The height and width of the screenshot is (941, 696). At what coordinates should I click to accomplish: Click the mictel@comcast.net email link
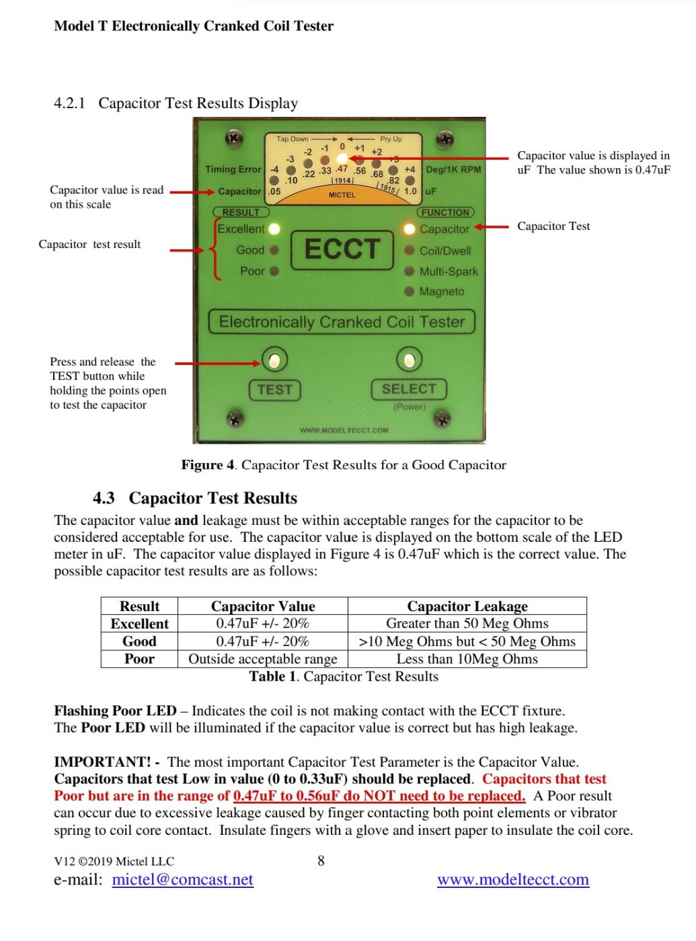tap(182, 880)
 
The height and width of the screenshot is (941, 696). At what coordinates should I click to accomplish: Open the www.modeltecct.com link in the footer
tap(512, 880)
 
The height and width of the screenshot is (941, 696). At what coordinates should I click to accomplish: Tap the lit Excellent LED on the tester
tap(274, 229)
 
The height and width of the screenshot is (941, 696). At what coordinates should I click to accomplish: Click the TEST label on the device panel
tap(274, 390)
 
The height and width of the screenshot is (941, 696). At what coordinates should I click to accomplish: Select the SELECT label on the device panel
tap(409, 389)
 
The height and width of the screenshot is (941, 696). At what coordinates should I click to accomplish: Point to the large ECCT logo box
tap(342, 249)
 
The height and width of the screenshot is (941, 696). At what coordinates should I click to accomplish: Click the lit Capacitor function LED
tap(409, 229)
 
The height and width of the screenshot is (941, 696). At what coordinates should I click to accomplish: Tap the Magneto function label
tap(442, 292)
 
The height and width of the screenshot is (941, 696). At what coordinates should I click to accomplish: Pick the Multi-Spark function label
tap(449, 272)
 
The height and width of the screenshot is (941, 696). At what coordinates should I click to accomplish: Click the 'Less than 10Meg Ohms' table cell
tap(467, 659)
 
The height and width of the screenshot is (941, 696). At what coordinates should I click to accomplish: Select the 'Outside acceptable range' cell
tap(262, 659)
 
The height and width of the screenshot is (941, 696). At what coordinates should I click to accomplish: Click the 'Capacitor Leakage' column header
tap(467, 606)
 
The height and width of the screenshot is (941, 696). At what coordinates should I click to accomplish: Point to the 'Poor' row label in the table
tap(139, 659)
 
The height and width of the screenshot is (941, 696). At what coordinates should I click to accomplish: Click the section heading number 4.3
tap(104, 498)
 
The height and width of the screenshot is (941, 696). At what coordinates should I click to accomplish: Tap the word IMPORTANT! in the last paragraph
tap(102, 762)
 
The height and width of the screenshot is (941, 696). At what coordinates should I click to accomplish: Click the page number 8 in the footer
tap(321, 860)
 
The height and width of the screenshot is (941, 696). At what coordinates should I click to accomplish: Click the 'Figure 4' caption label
tap(207, 465)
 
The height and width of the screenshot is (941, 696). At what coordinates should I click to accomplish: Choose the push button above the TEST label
tap(274, 361)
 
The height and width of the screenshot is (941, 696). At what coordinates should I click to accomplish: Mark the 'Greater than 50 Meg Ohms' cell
tap(467, 624)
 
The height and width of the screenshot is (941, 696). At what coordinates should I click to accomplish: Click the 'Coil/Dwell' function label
tap(445, 251)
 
